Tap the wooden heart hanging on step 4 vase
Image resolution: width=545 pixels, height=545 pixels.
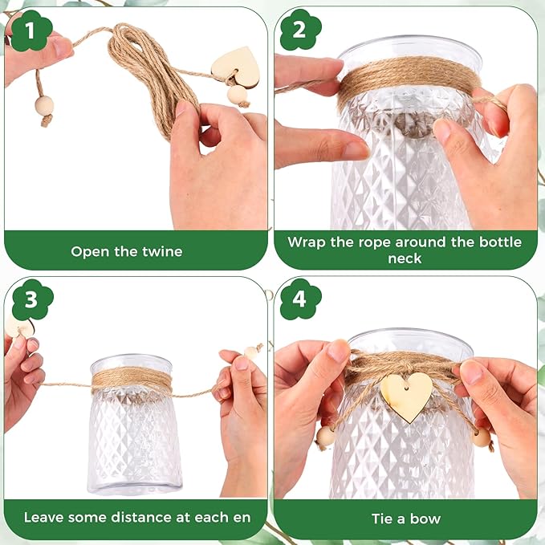[407, 397]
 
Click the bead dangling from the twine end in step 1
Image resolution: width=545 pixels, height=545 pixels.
[44, 106]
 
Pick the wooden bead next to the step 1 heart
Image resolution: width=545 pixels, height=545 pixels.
[238, 96]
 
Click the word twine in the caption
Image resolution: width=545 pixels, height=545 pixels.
[161, 251]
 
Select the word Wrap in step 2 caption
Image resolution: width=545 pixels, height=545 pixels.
[307, 242]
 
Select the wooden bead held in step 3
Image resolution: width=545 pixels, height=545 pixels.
[251, 352]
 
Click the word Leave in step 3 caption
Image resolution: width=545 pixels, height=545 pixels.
[43, 518]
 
